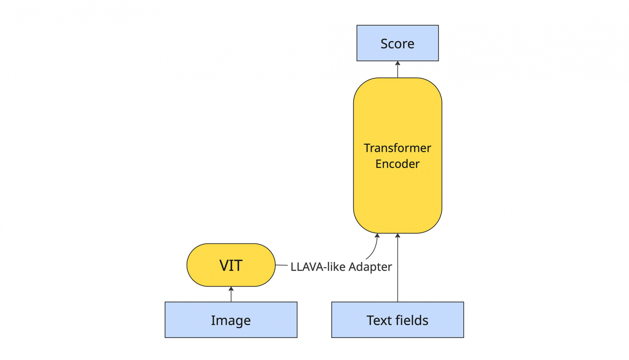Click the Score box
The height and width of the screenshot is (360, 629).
pos(398,43)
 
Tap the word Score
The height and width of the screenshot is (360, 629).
pos(397,44)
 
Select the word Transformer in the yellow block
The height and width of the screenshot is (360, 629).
pos(397,148)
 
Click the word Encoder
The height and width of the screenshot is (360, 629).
pos(397,164)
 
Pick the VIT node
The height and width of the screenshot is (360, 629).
pos(231,265)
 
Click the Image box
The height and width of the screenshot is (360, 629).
pos(231,320)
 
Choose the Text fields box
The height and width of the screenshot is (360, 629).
pos(398,320)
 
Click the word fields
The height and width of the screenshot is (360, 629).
pos(412,320)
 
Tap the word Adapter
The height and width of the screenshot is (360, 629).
pos(370,267)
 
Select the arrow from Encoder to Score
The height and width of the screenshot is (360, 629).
pos(398,69)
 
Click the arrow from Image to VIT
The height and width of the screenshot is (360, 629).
pos(231,294)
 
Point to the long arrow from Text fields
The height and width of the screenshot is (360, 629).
pos(398,268)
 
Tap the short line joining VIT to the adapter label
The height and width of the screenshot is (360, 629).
pos(282,265)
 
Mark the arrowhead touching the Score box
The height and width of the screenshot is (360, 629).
pos(398,63)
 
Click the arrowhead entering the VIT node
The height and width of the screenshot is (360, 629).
pos(231,289)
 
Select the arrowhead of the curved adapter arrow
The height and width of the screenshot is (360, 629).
pos(377,235)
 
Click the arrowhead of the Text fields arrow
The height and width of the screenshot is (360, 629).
pos(398,235)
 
